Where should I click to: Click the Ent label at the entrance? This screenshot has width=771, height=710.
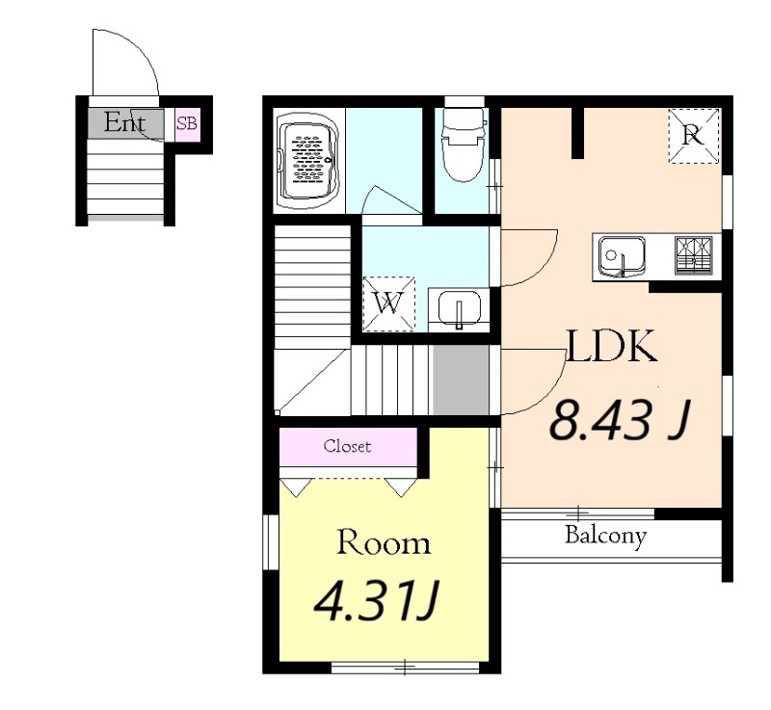(x=124, y=123)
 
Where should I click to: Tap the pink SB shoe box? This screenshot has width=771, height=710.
(x=187, y=125)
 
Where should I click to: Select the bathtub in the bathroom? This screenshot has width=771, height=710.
(x=309, y=161)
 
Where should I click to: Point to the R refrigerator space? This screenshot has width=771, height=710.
(x=693, y=136)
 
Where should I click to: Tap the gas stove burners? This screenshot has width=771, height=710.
(x=693, y=255)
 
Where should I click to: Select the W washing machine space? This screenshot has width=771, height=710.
(x=389, y=303)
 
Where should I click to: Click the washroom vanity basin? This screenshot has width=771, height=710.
(x=460, y=308)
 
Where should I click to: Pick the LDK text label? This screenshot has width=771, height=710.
(x=612, y=346)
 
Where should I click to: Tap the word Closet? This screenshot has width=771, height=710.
(x=347, y=446)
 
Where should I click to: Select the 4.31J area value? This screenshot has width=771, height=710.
(x=376, y=600)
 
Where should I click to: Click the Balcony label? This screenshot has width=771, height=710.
(x=605, y=536)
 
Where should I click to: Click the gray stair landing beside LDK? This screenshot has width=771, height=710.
(x=461, y=381)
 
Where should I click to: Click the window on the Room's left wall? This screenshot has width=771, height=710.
(x=271, y=542)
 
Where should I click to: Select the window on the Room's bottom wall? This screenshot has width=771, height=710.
(x=405, y=668)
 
